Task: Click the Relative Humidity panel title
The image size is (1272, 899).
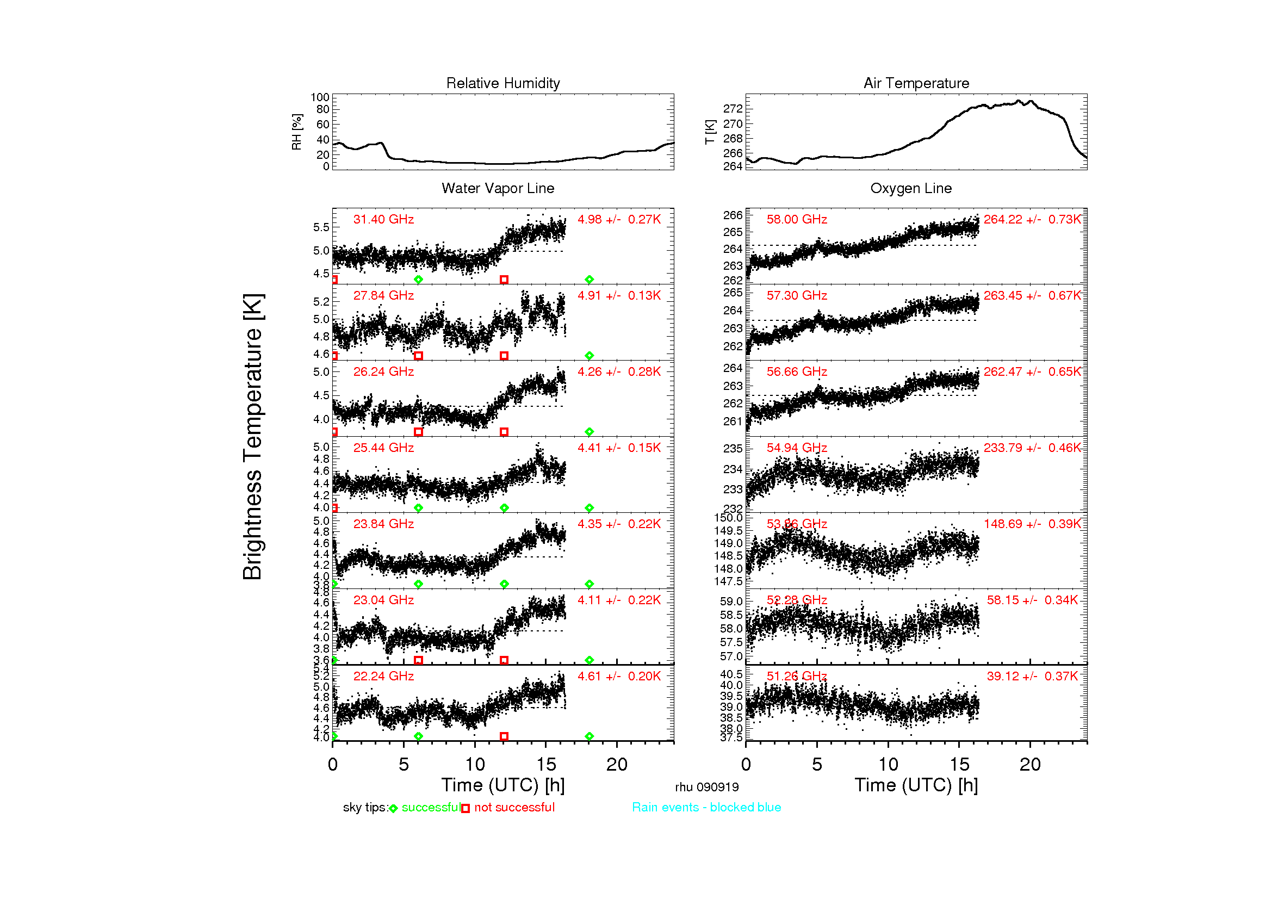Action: pyautogui.click(x=502, y=83)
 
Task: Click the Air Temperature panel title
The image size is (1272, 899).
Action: pyautogui.click(x=916, y=83)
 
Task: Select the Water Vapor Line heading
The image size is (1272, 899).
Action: pyautogui.click(x=498, y=188)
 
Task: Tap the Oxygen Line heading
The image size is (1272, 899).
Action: pyautogui.click(x=910, y=188)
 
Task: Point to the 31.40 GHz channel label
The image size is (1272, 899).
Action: pyautogui.click(x=383, y=219)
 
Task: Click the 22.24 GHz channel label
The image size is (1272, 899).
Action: pyautogui.click(x=383, y=676)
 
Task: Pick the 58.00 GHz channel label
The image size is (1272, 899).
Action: pyautogui.click(x=796, y=219)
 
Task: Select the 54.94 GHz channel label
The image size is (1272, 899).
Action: pyautogui.click(x=796, y=448)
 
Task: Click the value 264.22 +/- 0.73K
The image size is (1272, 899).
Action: pyautogui.click(x=1032, y=219)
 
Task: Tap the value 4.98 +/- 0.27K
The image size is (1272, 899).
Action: pyautogui.click(x=619, y=219)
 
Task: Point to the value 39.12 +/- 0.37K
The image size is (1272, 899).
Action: pyautogui.click(x=1032, y=676)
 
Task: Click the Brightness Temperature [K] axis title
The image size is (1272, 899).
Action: pyautogui.click(x=253, y=437)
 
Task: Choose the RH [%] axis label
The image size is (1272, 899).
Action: pyautogui.click(x=297, y=132)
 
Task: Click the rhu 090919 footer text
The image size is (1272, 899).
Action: pyautogui.click(x=706, y=787)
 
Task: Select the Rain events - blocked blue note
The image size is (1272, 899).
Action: pyautogui.click(x=706, y=807)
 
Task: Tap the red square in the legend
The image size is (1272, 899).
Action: pyautogui.click(x=466, y=809)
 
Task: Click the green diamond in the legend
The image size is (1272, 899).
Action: pyautogui.click(x=393, y=809)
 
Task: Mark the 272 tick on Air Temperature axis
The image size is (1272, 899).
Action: pyautogui.click(x=733, y=109)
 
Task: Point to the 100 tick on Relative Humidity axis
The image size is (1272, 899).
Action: pyautogui.click(x=320, y=97)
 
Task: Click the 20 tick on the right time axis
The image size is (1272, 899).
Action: pyautogui.click(x=1030, y=765)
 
